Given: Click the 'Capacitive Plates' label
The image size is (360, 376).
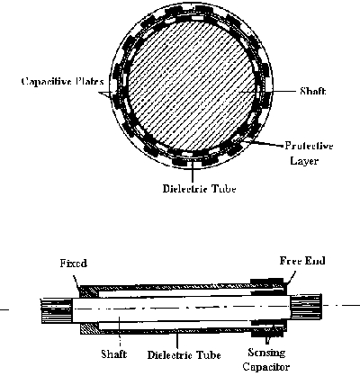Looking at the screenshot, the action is click(63, 82).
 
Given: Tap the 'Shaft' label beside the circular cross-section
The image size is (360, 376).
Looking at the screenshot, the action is click(313, 91).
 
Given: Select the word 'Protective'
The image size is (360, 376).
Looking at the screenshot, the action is click(309, 146).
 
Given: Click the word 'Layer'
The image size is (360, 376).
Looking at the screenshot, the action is click(304, 161).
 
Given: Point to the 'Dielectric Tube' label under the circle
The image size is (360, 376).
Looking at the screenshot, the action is click(200, 189).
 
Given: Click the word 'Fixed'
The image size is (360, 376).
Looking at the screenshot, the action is click(74, 264).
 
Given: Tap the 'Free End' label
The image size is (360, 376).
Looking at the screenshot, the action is click(302, 261).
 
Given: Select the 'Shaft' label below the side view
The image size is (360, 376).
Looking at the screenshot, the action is click(114, 354).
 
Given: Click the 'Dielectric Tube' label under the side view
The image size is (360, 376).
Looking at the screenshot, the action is click(184, 355).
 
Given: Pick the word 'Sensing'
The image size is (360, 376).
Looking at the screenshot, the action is click(266, 353).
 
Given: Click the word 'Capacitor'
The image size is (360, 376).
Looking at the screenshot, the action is click(266, 367).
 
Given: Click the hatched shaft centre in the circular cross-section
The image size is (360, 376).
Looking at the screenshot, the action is click(191, 85).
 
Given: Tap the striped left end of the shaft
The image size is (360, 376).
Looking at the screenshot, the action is click(57, 310).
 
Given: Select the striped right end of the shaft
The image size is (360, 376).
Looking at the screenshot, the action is click(306, 307).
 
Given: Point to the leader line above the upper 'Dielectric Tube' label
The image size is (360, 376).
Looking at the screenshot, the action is click(193, 172).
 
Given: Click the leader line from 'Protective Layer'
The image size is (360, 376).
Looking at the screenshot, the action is click(263, 143).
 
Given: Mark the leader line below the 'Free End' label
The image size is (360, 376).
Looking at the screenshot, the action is click(292, 277).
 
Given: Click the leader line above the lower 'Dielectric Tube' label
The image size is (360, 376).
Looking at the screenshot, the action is click(177, 340).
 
